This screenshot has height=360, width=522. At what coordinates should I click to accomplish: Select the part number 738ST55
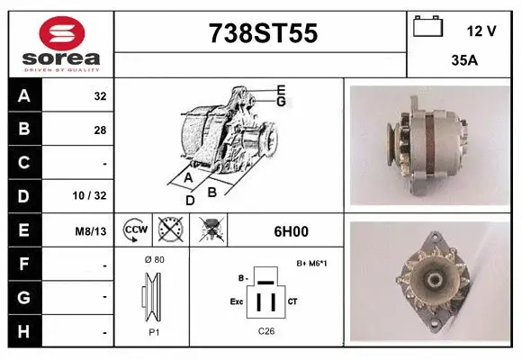coord(262,33)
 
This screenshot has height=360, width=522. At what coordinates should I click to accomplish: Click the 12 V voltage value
coord(481,31)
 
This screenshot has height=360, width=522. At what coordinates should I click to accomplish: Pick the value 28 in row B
coord(99,130)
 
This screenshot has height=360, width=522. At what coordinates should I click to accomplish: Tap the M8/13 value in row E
coord(92,231)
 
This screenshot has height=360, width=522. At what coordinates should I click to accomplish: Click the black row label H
coord(23,332)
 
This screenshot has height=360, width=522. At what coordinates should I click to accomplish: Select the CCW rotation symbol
coord(135,230)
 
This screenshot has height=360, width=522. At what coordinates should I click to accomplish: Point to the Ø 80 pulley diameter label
coord(153,259)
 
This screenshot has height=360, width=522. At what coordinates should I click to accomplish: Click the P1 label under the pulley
coord(153,330)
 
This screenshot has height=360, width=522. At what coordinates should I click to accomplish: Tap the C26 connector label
coord(266,330)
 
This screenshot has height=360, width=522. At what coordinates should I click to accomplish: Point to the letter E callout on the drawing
coord(281,89)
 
